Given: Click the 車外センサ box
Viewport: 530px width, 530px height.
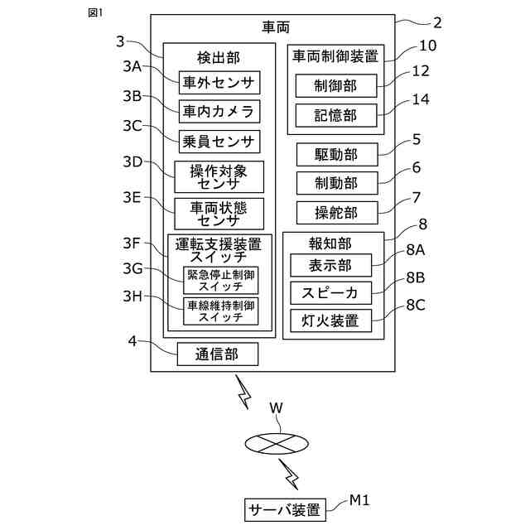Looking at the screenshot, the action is (x=219, y=83).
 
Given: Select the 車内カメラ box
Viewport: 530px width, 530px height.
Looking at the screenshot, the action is (x=219, y=112).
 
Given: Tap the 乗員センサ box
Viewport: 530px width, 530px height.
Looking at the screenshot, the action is (x=219, y=142).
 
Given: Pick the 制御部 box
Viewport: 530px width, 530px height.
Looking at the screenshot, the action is (x=336, y=86).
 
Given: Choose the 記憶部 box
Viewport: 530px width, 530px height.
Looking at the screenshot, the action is (x=336, y=116).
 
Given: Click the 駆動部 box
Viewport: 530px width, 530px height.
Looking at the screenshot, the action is (x=337, y=155).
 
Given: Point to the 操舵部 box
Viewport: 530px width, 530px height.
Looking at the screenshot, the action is (x=337, y=213).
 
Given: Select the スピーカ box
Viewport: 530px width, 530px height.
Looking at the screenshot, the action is (x=331, y=293).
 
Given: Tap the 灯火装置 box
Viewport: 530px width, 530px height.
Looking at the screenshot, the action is (x=331, y=320).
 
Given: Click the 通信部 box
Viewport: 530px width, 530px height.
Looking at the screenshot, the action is (x=218, y=354).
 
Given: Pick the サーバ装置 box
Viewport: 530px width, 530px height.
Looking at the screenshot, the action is (x=285, y=510).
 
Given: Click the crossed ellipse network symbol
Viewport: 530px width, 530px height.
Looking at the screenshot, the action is (x=277, y=444).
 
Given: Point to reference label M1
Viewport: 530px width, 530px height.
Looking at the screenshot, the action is (x=359, y=500).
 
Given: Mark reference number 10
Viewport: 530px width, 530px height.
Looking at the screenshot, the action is (x=427, y=46).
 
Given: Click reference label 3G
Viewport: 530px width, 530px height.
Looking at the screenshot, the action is (x=132, y=268).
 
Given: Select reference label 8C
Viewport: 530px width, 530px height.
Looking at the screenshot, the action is (x=416, y=305).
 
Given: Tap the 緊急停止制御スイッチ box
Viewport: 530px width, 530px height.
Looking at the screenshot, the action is (x=221, y=280).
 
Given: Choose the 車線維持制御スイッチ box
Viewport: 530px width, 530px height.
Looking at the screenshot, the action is (x=221, y=311).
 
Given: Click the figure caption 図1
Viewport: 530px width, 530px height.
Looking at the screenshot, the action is (x=95, y=13).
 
